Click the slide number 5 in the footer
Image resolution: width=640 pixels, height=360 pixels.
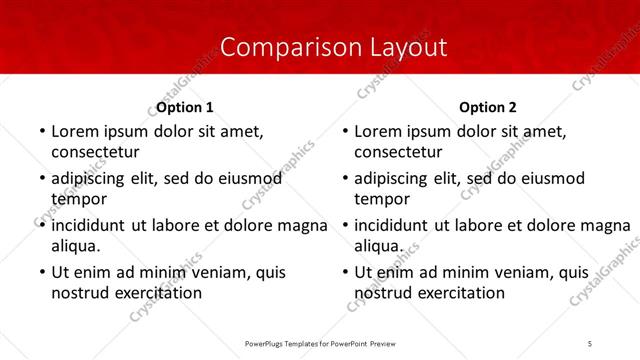point(590,343)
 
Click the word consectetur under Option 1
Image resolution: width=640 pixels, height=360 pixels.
point(95,152)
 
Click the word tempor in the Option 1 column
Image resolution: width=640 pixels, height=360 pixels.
point(76,199)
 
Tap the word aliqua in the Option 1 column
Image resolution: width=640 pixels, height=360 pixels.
point(75,246)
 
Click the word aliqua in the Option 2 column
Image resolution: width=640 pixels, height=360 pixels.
point(378,246)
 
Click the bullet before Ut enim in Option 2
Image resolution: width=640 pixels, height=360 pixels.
point(344,273)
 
